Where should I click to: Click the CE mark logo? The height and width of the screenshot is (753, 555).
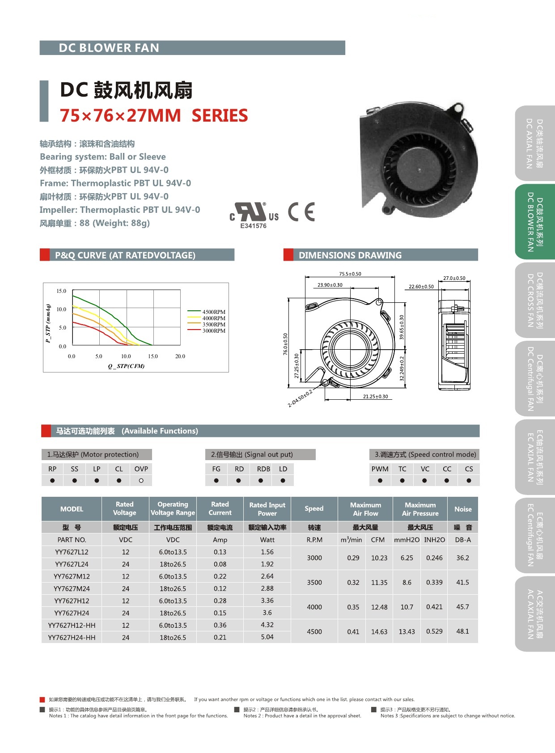(x=301, y=212)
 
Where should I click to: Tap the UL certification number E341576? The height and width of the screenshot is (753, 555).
(x=253, y=226)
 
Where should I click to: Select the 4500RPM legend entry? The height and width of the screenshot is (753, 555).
(x=214, y=312)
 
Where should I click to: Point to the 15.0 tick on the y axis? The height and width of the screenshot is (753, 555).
(x=61, y=291)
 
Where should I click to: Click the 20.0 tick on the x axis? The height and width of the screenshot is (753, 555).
(x=180, y=356)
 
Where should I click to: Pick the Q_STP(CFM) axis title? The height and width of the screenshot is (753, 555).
(x=126, y=366)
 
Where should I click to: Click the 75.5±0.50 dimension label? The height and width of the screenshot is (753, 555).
(x=350, y=274)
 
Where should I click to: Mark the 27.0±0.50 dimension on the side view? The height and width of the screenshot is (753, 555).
(x=454, y=278)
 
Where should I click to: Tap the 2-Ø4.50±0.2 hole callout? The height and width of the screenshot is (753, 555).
(x=300, y=398)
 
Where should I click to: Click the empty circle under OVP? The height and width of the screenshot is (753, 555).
(x=141, y=481)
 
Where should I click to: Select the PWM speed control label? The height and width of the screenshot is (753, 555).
(x=380, y=469)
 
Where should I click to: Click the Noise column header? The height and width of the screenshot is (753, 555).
(x=463, y=509)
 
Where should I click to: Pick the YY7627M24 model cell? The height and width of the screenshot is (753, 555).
(x=72, y=588)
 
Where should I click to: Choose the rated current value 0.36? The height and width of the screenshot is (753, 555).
(x=220, y=625)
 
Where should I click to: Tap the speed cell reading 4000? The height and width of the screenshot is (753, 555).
(x=314, y=607)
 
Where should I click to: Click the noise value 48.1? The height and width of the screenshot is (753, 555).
(x=462, y=631)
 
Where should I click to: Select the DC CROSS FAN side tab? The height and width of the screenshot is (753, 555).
(x=535, y=300)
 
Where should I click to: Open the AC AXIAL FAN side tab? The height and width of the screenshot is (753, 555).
(x=535, y=614)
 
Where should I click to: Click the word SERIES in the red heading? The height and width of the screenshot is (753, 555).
(x=220, y=115)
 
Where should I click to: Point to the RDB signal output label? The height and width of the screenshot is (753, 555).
(x=263, y=469)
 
